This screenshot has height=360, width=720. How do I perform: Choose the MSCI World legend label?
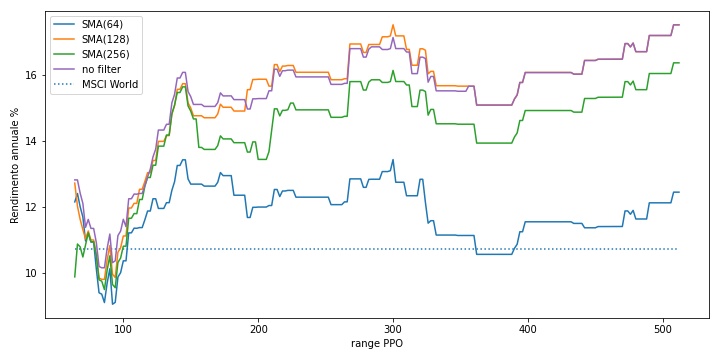110,84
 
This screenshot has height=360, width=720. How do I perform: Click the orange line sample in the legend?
63,39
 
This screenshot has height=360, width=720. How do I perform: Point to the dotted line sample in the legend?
63,84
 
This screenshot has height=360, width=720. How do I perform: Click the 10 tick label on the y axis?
35,274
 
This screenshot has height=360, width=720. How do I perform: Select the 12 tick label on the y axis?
35,208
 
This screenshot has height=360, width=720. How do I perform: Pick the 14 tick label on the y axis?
35,141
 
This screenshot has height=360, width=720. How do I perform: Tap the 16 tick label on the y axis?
35,75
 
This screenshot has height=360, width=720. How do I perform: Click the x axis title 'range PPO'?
377,344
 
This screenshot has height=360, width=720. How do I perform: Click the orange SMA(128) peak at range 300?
393,25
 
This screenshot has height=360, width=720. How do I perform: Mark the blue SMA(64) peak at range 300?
393,160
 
